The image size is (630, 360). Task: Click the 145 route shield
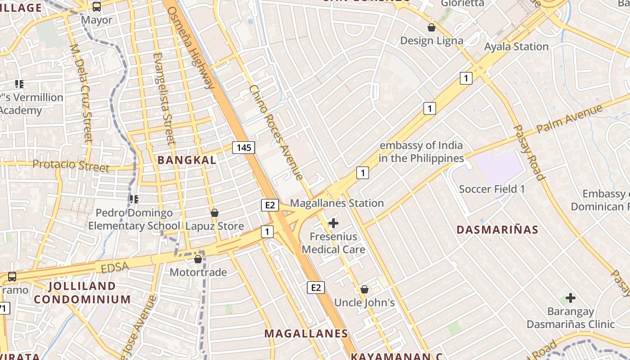coord(244,147)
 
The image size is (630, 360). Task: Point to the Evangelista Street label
coord(164,98)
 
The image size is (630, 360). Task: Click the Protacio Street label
coord(71,166)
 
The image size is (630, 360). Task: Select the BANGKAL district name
coord(187,160)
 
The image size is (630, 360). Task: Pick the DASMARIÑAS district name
coord(497,229)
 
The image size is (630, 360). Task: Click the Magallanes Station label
coord(337,203)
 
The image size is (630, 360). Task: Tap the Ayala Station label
coord(516,47)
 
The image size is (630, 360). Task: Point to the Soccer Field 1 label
coord(492,189)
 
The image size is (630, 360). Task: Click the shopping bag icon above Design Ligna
coord(432,27)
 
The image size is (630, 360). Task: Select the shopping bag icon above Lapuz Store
coord(215,212)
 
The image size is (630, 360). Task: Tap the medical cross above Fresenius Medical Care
coord(333,223)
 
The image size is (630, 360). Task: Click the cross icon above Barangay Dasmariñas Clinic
coord(571,297)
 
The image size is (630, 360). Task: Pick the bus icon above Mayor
coord(97,6)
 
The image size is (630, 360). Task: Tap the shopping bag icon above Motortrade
coord(198,259)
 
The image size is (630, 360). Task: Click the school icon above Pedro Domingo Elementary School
coord(134,198)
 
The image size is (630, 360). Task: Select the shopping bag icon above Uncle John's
coord(364,289)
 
